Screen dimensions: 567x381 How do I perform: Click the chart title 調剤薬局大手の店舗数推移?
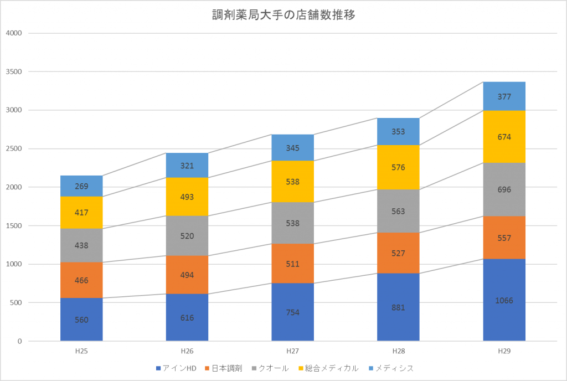[283, 15]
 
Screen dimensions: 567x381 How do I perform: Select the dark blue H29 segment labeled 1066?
[504, 300]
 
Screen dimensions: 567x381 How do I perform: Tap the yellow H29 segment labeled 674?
[504, 137]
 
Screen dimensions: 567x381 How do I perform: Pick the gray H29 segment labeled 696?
[504, 189]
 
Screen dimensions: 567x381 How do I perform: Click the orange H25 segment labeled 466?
[81, 280]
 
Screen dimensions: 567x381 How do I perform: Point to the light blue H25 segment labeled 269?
[81, 186]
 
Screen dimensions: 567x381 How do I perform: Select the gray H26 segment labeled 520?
[187, 236]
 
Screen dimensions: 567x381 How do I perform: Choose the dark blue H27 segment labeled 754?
[292, 312]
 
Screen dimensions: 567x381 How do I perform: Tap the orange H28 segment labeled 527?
[398, 253]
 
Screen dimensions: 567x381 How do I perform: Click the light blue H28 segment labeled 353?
[398, 132]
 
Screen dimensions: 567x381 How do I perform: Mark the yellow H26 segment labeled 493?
[187, 197]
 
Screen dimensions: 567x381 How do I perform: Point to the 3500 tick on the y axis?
[14, 71]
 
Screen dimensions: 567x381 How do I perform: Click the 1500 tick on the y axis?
[14, 225]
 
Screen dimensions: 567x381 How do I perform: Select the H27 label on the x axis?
[292, 351]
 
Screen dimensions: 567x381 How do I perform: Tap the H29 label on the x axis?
[504, 351]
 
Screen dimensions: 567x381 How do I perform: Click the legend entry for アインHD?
[176, 368]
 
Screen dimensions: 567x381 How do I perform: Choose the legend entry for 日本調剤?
[224, 368]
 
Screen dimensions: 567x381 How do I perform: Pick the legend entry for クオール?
[270, 368]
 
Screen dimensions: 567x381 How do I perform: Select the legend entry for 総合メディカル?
[329, 368]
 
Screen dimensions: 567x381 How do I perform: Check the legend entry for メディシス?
[391, 368]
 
